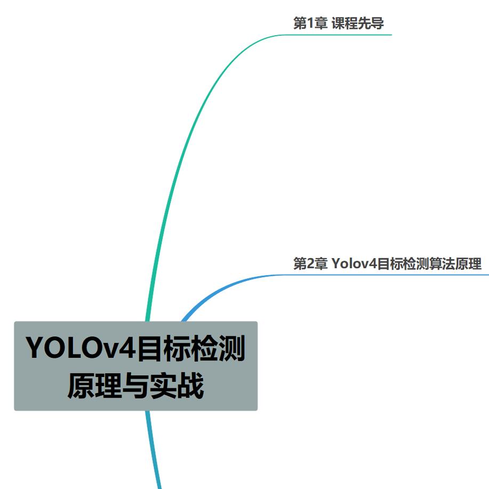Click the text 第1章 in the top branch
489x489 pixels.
[310, 23]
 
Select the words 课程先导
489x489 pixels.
[358, 23]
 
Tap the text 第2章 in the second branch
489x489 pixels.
[310, 263]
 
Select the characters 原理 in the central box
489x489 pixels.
[89, 385]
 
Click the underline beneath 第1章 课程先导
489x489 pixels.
[341, 35]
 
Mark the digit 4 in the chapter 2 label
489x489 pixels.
[373, 263]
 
